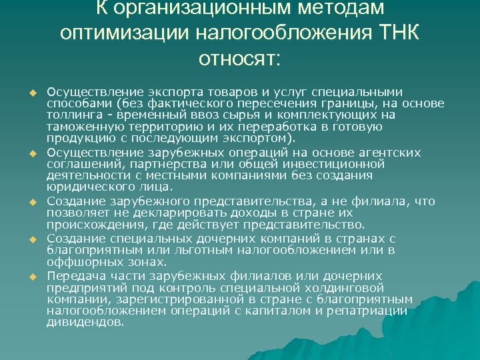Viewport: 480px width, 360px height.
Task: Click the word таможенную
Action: pos(78,125)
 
